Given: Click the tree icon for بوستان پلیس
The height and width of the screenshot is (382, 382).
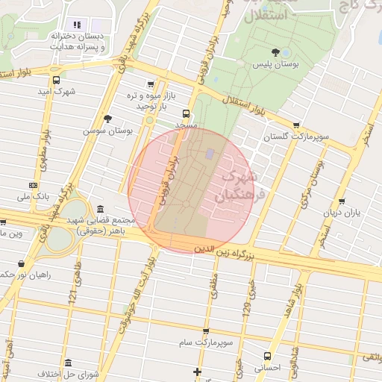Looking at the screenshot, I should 276,52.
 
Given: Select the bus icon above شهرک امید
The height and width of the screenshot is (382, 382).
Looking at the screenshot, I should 57,81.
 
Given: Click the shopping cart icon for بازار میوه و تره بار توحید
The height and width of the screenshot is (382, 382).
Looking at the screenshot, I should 151,84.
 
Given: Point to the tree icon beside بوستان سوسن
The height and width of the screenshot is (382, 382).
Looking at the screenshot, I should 108,118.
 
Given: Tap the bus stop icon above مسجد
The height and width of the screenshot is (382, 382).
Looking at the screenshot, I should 186,114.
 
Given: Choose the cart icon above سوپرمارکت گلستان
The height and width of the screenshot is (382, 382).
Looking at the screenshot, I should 296,125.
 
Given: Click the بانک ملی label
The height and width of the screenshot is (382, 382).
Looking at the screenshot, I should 32,198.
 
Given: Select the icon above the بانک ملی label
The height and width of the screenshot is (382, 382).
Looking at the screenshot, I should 33,184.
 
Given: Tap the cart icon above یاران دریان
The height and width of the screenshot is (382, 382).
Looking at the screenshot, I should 342,201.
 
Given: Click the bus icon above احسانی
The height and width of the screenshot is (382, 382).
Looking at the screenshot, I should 268,355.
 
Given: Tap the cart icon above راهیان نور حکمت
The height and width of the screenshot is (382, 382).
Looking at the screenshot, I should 21,263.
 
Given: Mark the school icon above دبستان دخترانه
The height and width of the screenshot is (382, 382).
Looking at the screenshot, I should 77,25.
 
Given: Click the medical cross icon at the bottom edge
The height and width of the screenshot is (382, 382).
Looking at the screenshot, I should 197,372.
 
